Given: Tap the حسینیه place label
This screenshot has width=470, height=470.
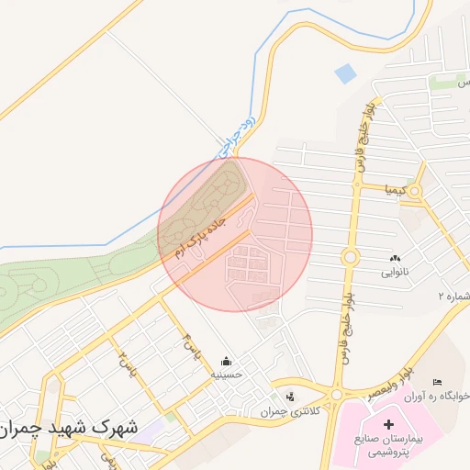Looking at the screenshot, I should tap(226, 375).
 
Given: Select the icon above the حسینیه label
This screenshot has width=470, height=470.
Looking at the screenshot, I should tap(226, 361).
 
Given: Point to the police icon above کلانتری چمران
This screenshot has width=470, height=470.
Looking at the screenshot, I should tap(291, 397).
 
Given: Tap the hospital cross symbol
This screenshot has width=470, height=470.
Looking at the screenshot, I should tap(388, 425).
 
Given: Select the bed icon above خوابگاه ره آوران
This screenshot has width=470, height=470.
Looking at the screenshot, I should tap(437, 381).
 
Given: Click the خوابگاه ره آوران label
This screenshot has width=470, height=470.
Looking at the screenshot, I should tap(439, 396).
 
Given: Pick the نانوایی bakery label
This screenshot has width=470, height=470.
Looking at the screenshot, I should tap(397, 273).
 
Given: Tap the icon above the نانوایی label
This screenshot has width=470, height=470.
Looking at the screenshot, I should tap(396, 259).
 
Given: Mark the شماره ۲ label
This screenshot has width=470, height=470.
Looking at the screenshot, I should tap(454, 297).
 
